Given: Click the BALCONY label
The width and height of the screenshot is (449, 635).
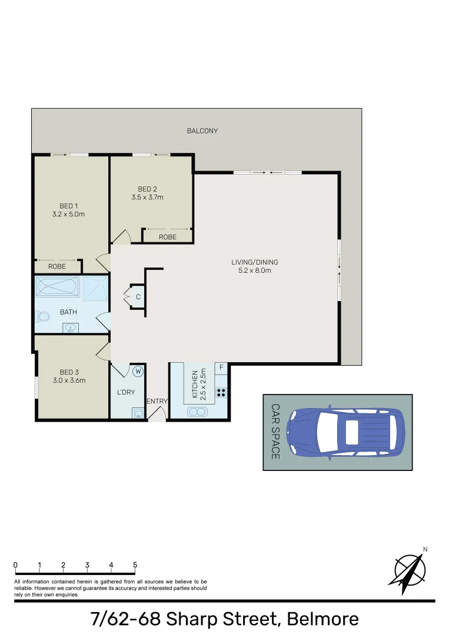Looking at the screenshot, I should [x=202, y=131].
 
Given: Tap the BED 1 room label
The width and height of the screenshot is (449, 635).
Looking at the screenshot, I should [x=68, y=206].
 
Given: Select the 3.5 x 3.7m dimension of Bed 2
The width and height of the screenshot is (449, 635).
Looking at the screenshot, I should [x=147, y=197].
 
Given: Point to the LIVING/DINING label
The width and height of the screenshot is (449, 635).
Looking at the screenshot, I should [x=254, y=262].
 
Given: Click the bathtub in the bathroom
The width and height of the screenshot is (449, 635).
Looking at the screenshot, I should [x=58, y=287].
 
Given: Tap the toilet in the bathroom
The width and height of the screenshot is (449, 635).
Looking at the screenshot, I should [x=43, y=318].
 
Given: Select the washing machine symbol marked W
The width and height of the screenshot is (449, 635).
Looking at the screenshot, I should [x=138, y=371].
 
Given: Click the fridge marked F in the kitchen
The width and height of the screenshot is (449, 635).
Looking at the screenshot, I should [x=221, y=369].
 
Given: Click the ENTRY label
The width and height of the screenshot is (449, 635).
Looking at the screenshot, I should [x=157, y=401].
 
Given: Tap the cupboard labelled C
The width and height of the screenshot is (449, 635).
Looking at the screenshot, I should [x=138, y=297].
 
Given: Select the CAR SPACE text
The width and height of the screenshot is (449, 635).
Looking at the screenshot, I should [x=275, y=432].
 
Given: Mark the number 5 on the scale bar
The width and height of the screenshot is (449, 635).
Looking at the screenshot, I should [x=135, y=565].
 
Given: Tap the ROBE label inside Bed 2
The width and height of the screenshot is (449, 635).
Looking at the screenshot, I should [x=168, y=237].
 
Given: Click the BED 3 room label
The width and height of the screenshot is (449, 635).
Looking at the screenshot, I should [x=69, y=372].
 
